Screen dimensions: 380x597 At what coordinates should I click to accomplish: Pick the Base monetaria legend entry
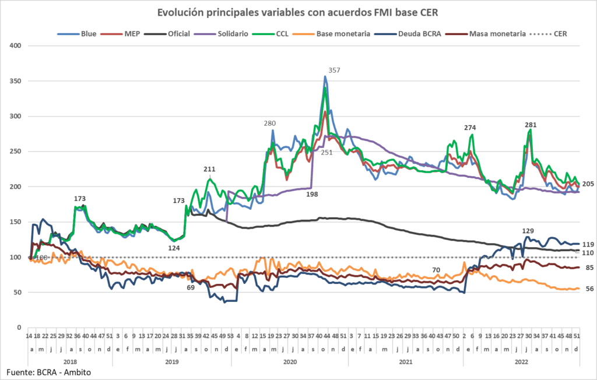coord(343,34)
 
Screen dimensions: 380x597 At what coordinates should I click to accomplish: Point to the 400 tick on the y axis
coord(16,46)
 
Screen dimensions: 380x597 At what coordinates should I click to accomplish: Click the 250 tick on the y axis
coord(16,152)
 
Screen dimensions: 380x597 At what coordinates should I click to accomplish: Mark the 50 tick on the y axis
coord(17,293)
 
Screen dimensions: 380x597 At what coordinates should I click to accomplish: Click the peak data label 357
coord(334,71)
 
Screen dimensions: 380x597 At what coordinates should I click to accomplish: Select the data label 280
coord(269,124)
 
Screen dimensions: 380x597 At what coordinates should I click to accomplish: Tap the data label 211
coord(209,170)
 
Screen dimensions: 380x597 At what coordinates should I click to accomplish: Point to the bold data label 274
coord(470,128)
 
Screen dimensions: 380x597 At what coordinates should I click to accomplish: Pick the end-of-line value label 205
coord(588,184)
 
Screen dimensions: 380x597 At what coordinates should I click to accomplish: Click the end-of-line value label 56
coord(589,289)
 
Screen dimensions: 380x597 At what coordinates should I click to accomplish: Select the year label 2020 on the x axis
coord(290,361)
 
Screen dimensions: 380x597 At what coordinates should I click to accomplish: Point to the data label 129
coord(528,231)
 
